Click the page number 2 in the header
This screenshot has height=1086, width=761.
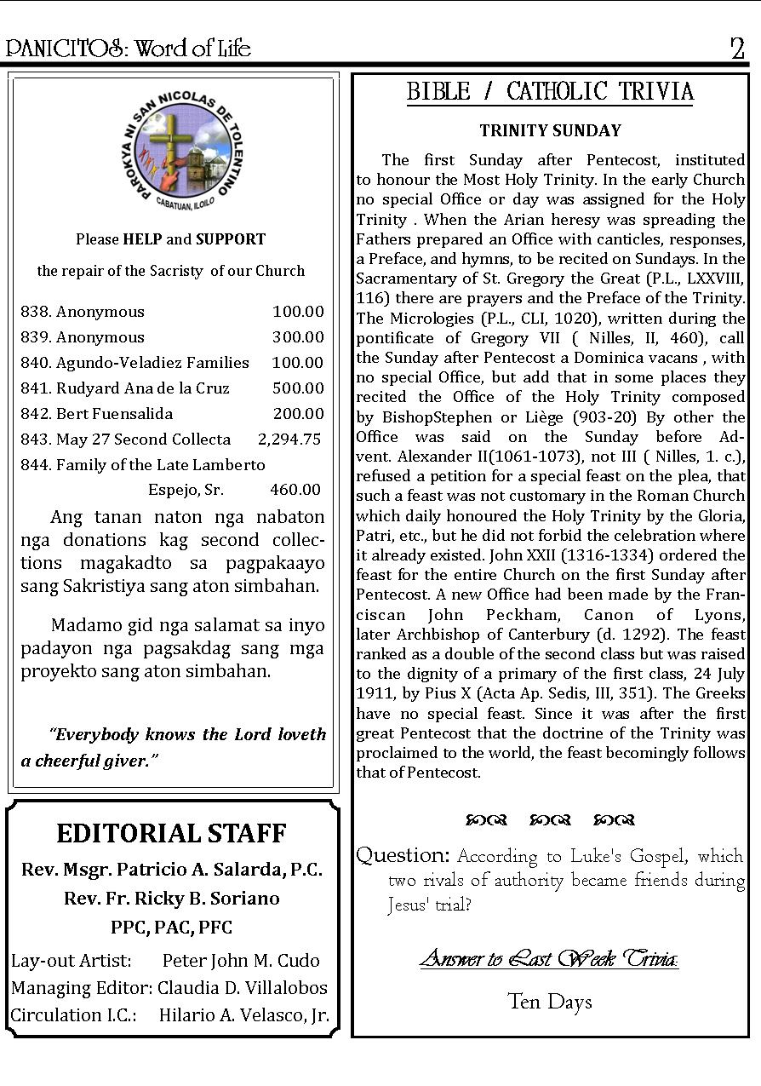pyautogui.click(x=737, y=49)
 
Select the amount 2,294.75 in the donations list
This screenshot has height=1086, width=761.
pyautogui.click(x=289, y=440)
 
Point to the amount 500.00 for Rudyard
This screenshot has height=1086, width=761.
pyautogui.click(x=298, y=388)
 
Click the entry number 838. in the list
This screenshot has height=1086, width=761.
pyautogui.click(x=36, y=312)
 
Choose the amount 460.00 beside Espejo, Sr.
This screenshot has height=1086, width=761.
pyautogui.click(x=295, y=490)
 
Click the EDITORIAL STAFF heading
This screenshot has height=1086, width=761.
pyautogui.click(x=171, y=833)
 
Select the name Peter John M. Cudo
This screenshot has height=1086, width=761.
pyautogui.click(x=241, y=961)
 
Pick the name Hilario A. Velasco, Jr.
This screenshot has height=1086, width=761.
pyautogui.click(x=244, y=1015)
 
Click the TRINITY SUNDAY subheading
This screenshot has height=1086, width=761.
pyautogui.click(x=550, y=131)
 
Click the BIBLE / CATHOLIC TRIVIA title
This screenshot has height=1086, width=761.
pyautogui.click(x=550, y=92)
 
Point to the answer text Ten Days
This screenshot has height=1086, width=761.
pyautogui.click(x=549, y=1002)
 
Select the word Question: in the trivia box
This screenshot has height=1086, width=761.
pyautogui.click(x=403, y=855)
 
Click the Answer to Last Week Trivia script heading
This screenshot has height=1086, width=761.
pyautogui.click(x=549, y=959)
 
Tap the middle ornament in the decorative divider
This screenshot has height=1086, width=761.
pyautogui.click(x=550, y=820)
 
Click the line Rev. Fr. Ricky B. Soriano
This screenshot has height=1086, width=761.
pyautogui.click(x=171, y=899)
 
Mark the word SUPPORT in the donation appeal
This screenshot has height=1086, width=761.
pyautogui.click(x=231, y=239)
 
